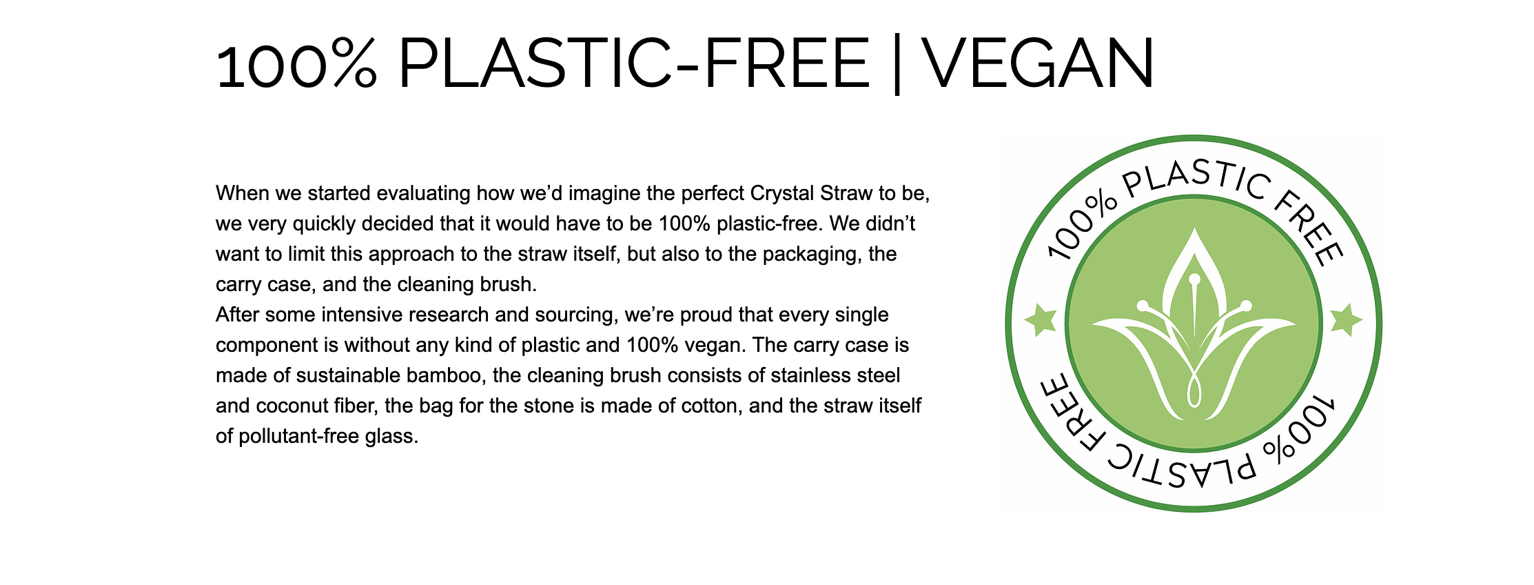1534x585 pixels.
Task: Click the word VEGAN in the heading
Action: [1039, 63]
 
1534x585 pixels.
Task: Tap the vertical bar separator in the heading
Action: [896, 63]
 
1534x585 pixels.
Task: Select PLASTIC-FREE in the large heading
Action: [634, 63]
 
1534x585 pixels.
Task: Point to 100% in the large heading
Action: [297, 63]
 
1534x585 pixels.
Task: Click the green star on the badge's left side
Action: [1041, 319]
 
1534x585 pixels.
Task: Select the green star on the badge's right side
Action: [1345, 319]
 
